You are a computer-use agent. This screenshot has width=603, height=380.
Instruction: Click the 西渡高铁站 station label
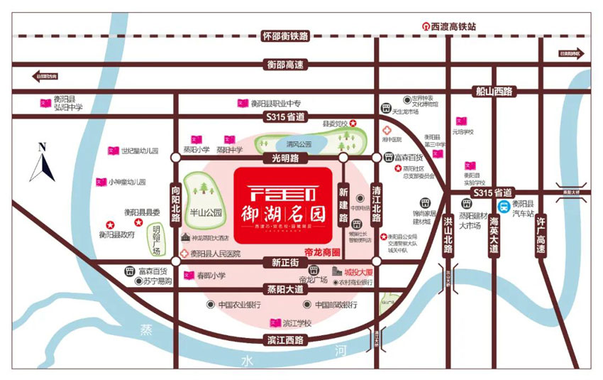pyautogui.click(x=453, y=26)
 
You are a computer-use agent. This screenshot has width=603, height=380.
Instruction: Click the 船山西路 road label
pyautogui.click(x=494, y=91)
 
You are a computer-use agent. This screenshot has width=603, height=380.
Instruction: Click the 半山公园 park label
pyautogui.click(x=206, y=212)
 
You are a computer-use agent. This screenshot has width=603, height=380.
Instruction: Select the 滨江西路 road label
pyautogui.click(x=284, y=341)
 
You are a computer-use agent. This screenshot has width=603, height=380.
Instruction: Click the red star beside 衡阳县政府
pyautogui.click(x=109, y=222)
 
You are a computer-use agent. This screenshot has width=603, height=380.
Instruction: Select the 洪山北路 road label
pyautogui.click(x=448, y=234)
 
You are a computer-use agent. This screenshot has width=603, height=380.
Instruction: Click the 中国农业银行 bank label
pyautogui.click(x=239, y=305)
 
